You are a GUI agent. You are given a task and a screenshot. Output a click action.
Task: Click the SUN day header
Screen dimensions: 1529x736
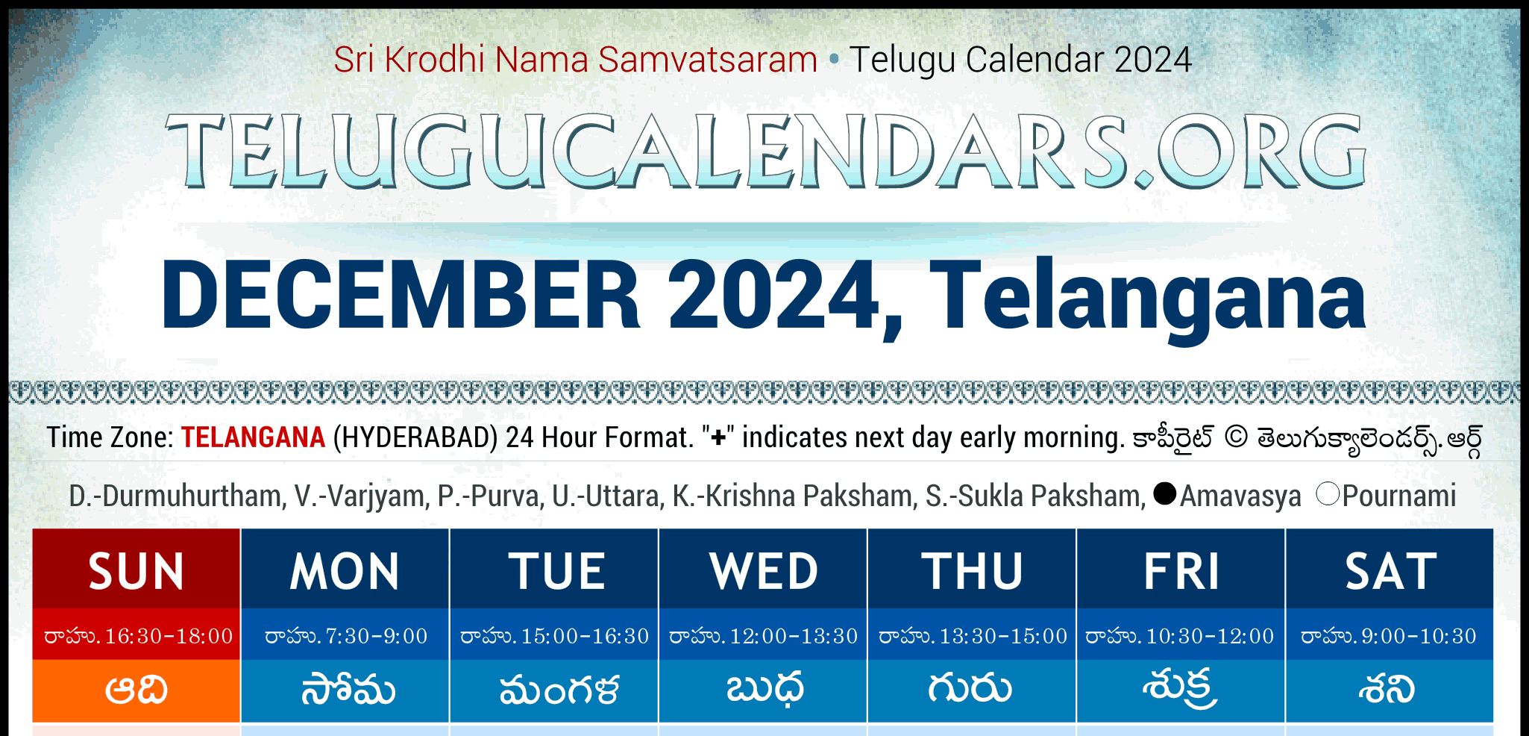(x=136, y=570)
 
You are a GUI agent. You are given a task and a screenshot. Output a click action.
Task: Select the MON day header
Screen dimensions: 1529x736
(x=345, y=570)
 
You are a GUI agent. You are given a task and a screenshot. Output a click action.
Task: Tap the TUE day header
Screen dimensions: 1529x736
(x=554, y=570)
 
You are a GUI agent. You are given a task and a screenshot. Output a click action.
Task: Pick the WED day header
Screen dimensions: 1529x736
(x=763, y=570)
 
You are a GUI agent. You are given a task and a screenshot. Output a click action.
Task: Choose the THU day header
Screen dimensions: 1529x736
(x=972, y=570)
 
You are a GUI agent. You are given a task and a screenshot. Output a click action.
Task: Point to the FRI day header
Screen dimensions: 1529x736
(x=1181, y=570)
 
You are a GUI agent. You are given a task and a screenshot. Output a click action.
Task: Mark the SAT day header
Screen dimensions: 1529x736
(x=1390, y=570)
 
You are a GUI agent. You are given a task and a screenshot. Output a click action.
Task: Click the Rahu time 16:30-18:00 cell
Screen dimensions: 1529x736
(x=136, y=635)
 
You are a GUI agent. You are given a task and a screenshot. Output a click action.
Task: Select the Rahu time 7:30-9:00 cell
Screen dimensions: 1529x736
(x=345, y=635)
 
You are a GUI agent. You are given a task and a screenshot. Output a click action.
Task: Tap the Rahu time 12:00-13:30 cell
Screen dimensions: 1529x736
(x=763, y=635)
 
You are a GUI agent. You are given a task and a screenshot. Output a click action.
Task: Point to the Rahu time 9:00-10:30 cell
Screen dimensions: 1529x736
(x=1390, y=635)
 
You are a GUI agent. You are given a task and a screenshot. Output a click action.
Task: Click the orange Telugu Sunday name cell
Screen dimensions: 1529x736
(x=136, y=690)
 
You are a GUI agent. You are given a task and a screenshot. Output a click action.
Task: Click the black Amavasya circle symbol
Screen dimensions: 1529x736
(x=1164, y=493)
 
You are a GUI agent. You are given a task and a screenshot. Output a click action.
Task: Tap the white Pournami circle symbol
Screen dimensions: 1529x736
(x=1328, y=493)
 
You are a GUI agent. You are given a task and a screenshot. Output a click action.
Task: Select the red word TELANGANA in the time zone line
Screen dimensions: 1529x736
(x=253, y=437)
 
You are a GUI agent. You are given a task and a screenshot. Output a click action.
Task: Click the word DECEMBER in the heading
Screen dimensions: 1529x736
(x=401, y=294)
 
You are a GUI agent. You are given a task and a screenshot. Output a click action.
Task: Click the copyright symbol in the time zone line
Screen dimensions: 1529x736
(x=1236, y=437)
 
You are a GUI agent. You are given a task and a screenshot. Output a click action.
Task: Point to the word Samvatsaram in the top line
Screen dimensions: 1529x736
(x=708, y=60)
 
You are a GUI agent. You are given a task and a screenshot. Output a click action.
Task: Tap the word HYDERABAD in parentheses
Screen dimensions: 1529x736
(x=415, y=437)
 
